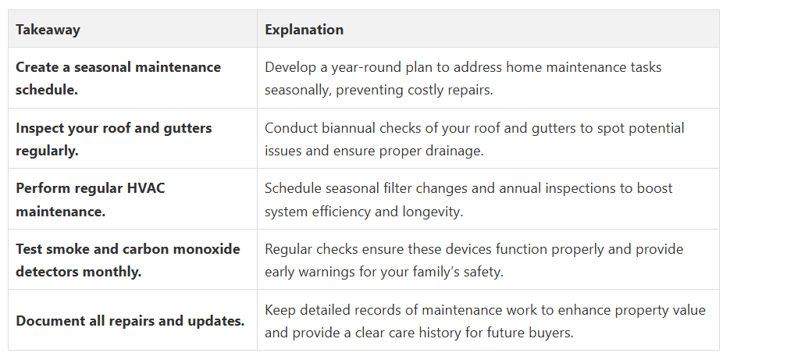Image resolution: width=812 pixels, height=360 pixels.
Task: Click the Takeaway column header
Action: [48, 30]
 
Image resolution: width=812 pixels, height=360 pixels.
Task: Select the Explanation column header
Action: [304, 30]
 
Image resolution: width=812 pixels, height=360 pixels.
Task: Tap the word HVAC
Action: [146, 188]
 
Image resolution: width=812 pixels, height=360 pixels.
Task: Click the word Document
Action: [45, 321]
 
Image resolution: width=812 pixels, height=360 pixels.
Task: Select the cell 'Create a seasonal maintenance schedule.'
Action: [133, 78]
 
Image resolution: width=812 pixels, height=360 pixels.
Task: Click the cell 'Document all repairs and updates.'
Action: [133, 320]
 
